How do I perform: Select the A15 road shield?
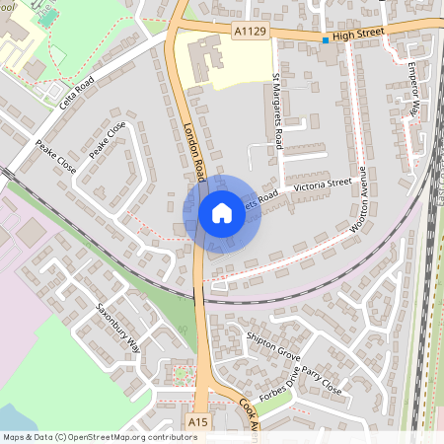click(x=197, y=422)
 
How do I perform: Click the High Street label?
click(x=356, y=36)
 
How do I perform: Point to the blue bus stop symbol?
click(x=325, y=39)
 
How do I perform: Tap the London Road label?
click(x=193, y=150)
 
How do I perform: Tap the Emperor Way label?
click(x=414, y=89)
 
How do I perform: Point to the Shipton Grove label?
click(x=274, y=343)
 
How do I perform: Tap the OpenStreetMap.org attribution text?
click(x=128, y=437)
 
